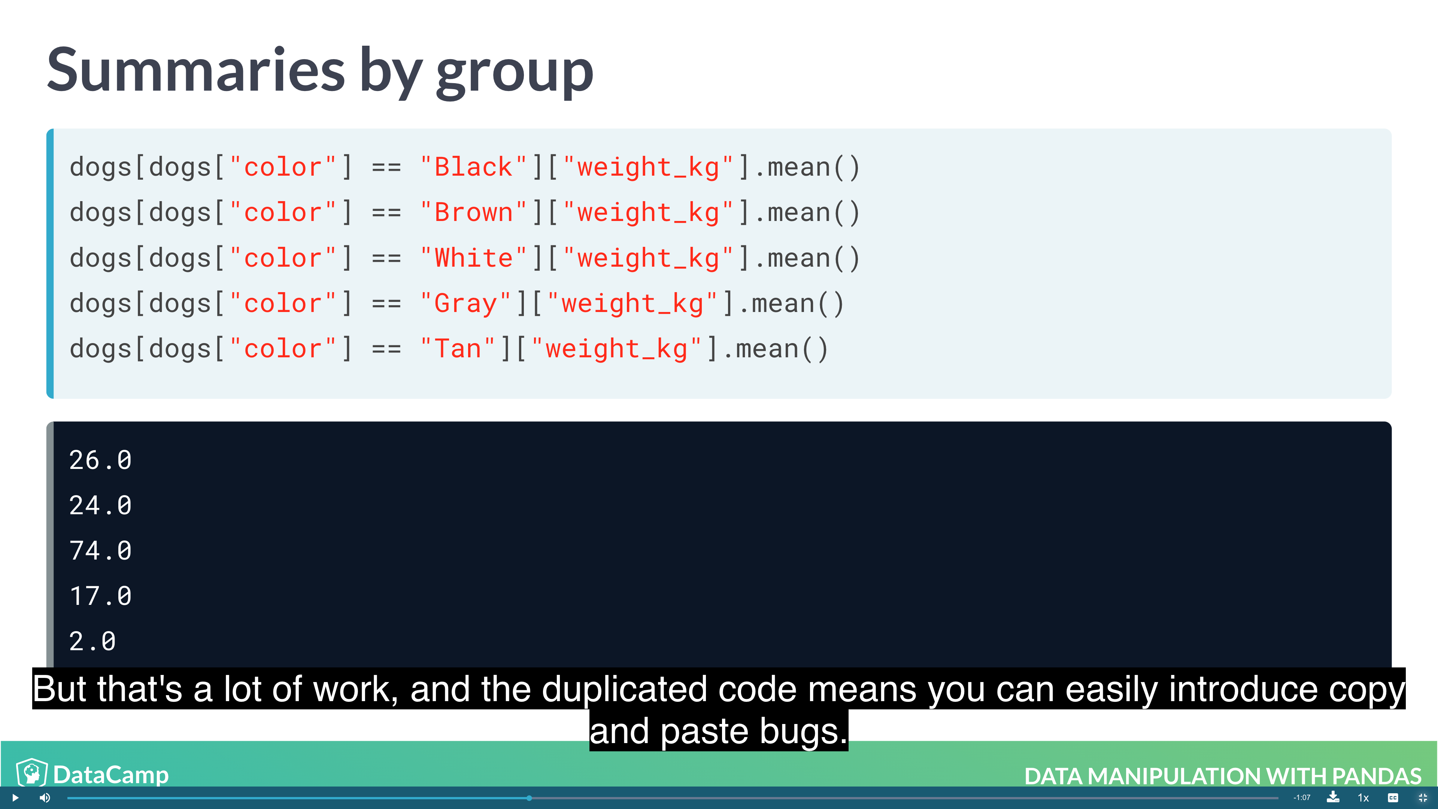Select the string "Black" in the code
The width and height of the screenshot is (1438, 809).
click(473, 167)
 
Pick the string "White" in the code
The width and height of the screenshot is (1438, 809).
click(473, 258)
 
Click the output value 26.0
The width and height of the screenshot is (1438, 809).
click(100, 460)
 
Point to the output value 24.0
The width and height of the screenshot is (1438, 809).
click(100, 505)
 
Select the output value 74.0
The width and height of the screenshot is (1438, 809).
click(100, 551)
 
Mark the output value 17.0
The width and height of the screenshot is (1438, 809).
click(100, 596)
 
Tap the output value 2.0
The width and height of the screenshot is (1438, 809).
click(92, 641)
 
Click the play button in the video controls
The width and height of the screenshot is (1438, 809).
click(15, 797)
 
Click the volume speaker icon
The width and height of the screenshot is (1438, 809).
click(45, 797)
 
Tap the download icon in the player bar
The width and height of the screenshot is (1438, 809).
click(1333, 797)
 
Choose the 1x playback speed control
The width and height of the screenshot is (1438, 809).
click(1363, 798)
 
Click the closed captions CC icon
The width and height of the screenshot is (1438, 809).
click(1393, 797)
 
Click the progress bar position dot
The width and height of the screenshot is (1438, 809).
click(529, 798)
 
